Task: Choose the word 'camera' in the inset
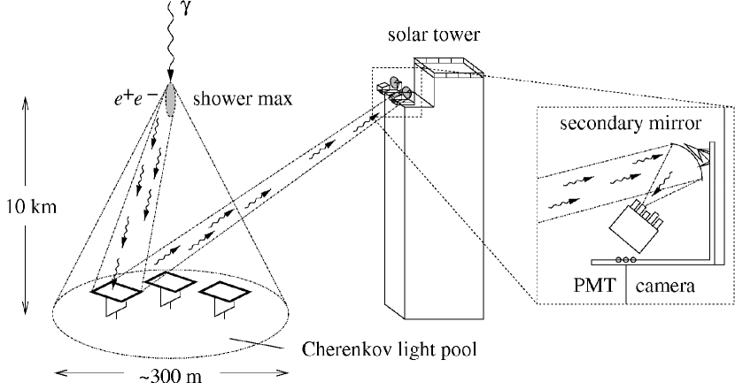point(667,286)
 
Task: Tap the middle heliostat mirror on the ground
point(172,283)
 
